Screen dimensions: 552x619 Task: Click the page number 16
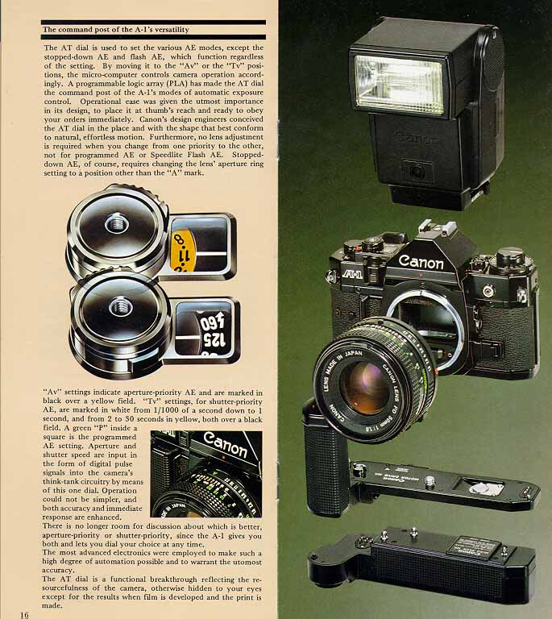pyautogui.click(x=24, y=614)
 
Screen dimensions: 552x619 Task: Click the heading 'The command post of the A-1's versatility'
pyautogui.click(x=115, y=30)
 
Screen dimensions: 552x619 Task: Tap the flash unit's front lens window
pyautogui.click(x=400, y=84)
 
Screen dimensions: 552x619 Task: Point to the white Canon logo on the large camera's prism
pyautogui.click(x=421, y=261)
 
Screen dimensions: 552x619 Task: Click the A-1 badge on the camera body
pyautogui.click(x=352, y=273)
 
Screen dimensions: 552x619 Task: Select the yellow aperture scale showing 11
pyautogui.click(x=184, y=251)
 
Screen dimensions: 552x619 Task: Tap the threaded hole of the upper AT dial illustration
pyautogui.click(x=117, y=223)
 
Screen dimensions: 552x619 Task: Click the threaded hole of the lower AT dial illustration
pyautogui.click(x=121, y=307)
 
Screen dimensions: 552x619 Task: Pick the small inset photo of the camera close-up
pyautogui.click(x=206, y=474)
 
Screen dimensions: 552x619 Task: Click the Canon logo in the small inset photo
pyautogui.click(x=226, y=445)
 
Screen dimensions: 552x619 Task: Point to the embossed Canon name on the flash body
pyautogui.click(x=416, y=138)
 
